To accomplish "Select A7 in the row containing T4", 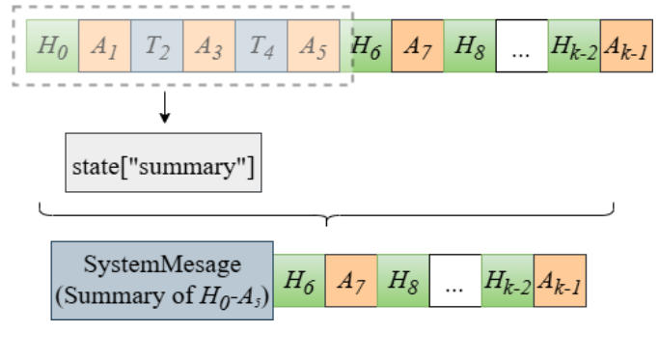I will (417, 44).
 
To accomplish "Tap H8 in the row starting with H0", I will (469, 44).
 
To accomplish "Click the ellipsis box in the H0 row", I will (521, 44).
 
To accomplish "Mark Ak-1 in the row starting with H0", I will (625, 44).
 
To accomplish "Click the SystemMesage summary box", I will (162, 281).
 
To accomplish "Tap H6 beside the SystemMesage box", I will (299, 281).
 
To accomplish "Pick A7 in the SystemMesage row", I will (351, 281).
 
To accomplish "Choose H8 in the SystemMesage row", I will (403, 281).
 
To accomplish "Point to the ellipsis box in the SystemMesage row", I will (455, 281).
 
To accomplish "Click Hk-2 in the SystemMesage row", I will (508, 281).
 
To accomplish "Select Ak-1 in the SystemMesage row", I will (561, 281).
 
